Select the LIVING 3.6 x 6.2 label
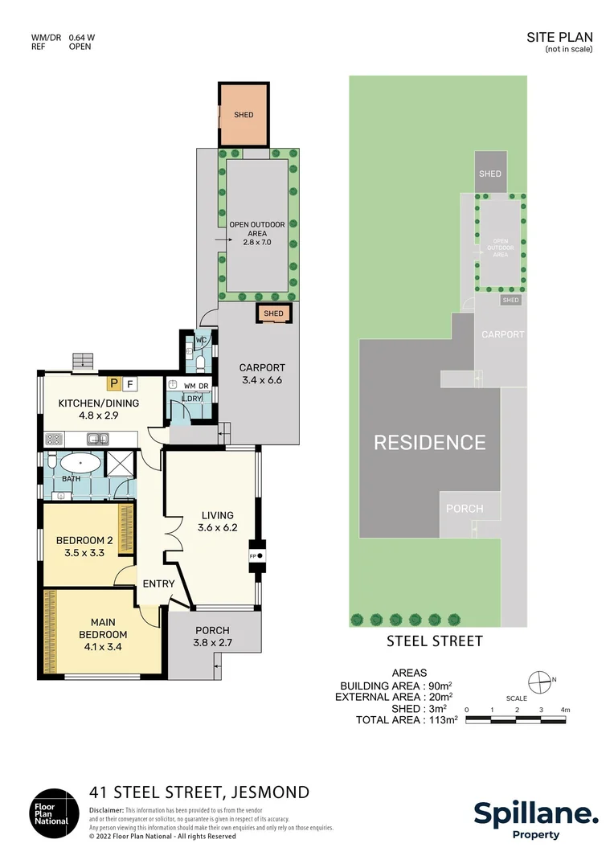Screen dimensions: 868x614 coord(215,522)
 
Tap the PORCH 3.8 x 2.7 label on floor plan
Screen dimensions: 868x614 coord(212,636)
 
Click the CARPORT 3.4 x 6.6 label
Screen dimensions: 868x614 coord(261,374)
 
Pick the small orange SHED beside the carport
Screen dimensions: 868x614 coord(273,313)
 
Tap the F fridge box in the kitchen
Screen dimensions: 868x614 coord(130,383)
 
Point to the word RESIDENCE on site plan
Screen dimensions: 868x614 coord(430,442)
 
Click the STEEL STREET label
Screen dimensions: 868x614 coord(435,641)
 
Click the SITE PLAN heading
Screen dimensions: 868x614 coord(559,37)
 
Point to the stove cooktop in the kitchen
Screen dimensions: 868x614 coord(54,439)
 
